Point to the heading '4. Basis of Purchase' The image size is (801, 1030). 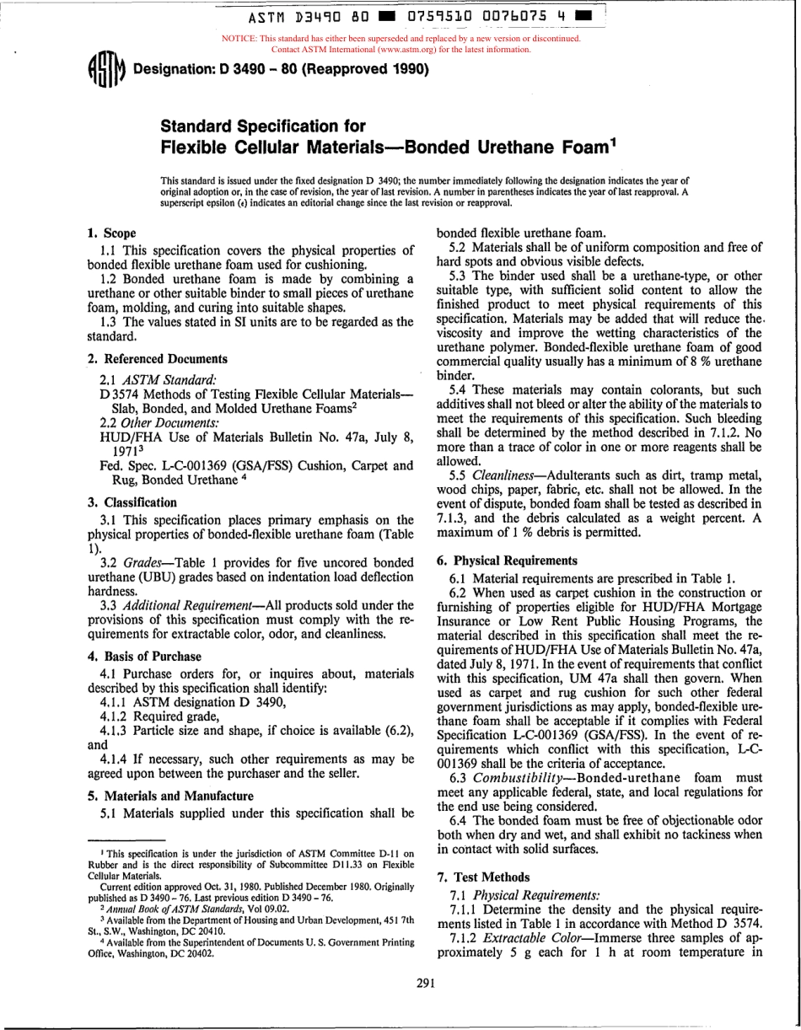144,656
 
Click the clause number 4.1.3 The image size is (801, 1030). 115,729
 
